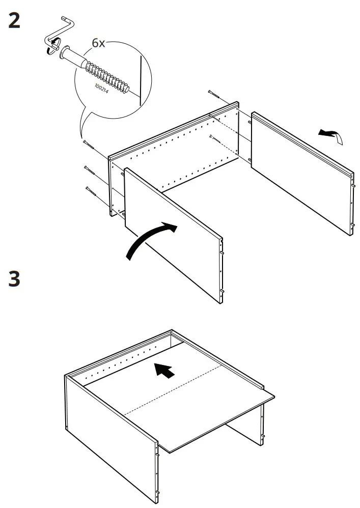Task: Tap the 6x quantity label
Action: coord(98,44)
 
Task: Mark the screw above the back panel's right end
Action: coord(214,95)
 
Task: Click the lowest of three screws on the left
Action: coord(92,191)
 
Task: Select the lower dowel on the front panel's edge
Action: coord(223,291)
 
